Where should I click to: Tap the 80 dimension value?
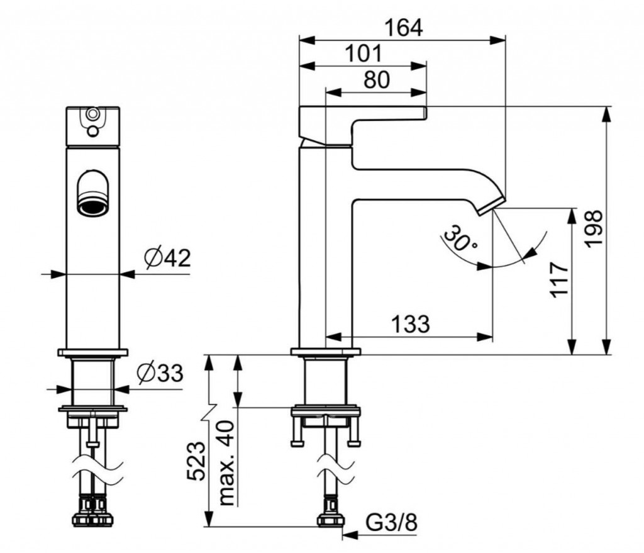[376, 80]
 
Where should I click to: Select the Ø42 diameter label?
[166, 258]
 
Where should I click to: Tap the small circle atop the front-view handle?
[92, 115]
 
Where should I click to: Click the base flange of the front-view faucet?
[92, 352]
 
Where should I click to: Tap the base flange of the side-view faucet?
[325, 352]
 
